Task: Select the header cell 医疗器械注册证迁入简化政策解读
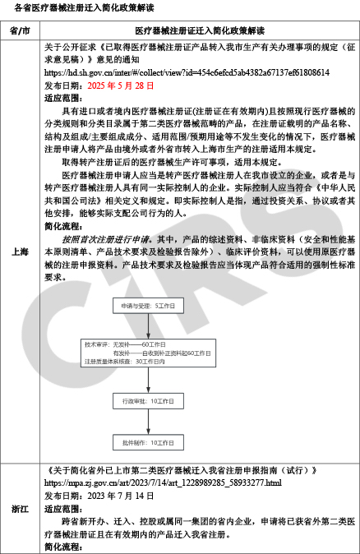(x=200, y=30)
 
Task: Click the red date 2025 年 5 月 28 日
(x=120, y=85)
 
